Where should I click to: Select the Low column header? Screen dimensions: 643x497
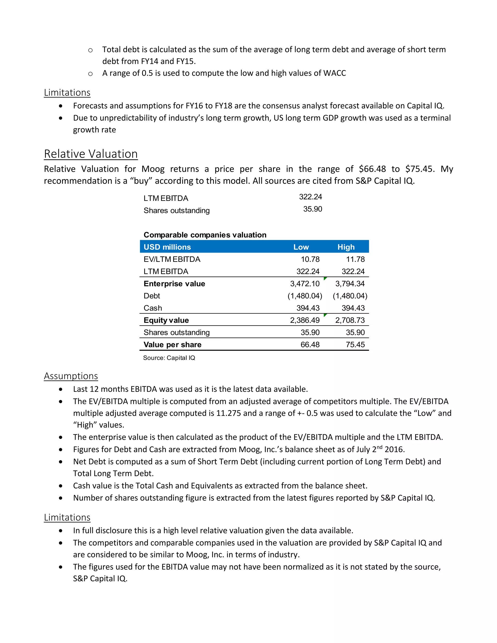click(x=301, y=247)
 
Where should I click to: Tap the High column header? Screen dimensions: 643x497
click(x=346, y=247)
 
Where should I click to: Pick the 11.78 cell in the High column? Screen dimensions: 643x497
click(x=355, y=259)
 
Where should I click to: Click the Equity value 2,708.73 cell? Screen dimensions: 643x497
click(x=350, y=320)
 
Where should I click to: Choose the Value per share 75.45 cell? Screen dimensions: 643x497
click(x=355, y=345)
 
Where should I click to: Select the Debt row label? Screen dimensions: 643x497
click(x=152, y=296)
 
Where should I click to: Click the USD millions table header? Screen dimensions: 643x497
click(x=167, y=247)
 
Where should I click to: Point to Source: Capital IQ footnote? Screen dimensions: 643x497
click(x=169, y=358)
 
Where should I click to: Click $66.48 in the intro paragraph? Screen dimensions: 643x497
click(x=372, y=169)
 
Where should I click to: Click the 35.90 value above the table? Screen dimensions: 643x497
click(x=312, y=209)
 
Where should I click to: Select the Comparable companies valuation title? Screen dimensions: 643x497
click(x=205, y=235)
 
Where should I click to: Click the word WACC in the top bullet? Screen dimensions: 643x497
click(x=334, y=73)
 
